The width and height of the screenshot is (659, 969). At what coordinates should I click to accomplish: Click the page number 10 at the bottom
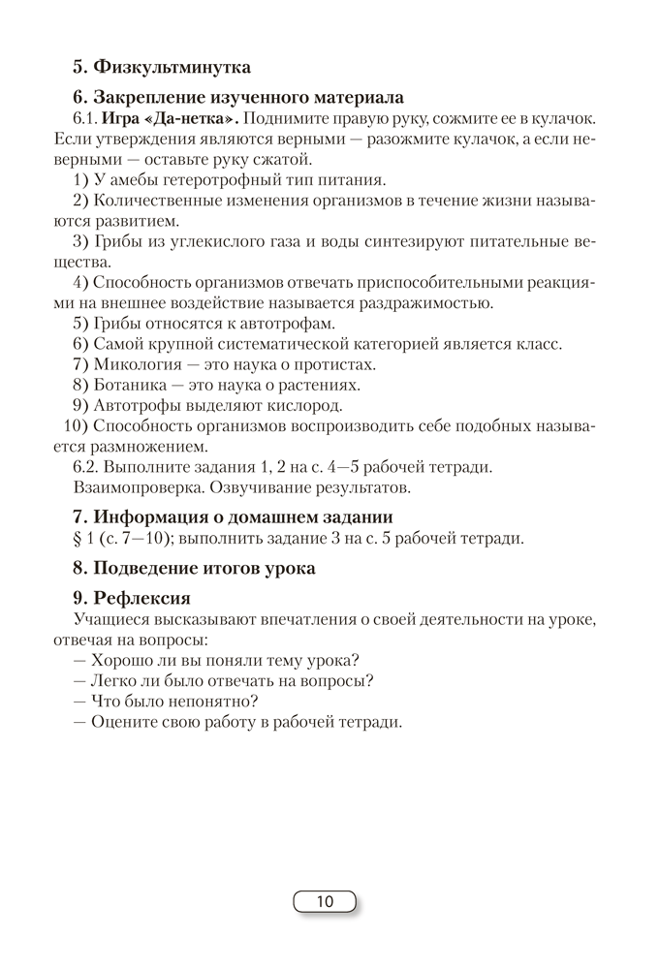point(325,902)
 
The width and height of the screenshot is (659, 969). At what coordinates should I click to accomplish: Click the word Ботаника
point(135,385)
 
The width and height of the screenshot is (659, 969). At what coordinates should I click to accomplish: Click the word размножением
point(145,447)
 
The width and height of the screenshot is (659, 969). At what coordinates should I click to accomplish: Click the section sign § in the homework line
point(78,538)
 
